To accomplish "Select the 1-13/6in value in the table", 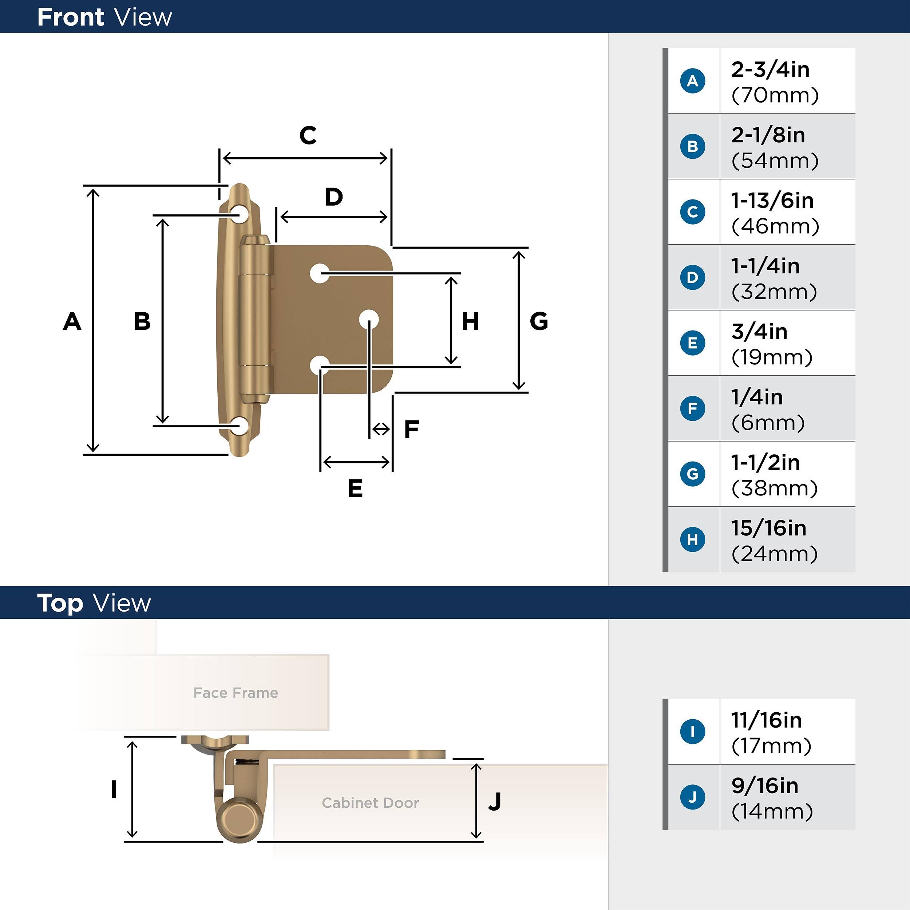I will click(x=772, y=201).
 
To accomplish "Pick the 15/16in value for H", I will click(x=768, y=528).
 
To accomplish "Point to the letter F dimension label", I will click(x=411, y=429).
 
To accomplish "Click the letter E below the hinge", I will click(x=355, y=488).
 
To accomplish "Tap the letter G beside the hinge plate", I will click(x=539, y=321).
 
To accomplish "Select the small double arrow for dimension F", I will click(x=381, y=429).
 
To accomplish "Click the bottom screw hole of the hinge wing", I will click(x=240, y=426).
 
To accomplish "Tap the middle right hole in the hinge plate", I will click(x=368, y=319).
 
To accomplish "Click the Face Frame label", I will click(x=236, y=693).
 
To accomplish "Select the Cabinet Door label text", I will click(x=370, y=803).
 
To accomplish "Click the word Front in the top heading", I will click(x=71, y=17).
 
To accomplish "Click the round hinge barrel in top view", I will click(x=239, y=820).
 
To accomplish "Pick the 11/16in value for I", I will click(x=766, y=720).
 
